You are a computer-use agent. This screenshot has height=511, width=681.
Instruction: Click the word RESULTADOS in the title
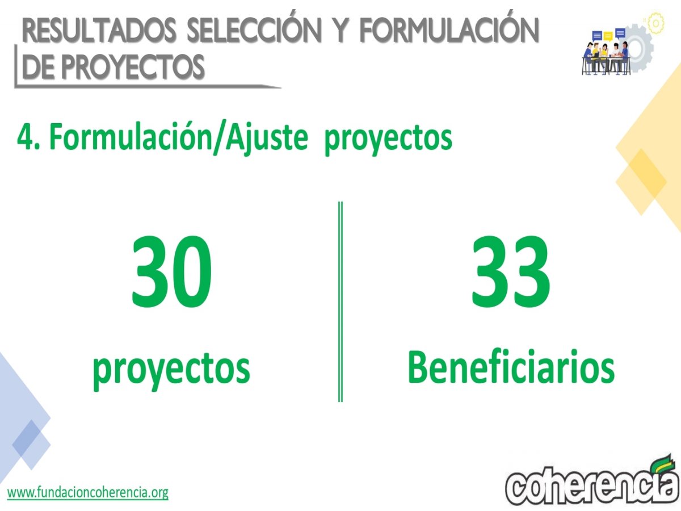(x=99, y=31)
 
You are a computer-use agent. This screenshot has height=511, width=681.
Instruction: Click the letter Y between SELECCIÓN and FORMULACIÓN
(x=341, y=31)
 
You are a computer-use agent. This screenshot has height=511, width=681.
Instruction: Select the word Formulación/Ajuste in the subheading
(x=179, y=137)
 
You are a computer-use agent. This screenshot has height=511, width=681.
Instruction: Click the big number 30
(x=171, y=271)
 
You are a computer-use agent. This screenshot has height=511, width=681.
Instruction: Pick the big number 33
(x=511, y=271)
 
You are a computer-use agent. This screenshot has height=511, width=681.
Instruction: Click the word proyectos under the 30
(x=171, y=371)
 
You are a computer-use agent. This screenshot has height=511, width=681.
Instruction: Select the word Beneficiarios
(x=511, y=366)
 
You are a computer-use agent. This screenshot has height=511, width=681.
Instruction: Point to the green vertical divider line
(x=340, y=301)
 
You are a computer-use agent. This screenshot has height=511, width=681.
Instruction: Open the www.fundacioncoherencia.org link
(x=88, y=492)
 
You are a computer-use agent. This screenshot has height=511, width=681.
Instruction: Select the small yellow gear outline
(x=655, y=23)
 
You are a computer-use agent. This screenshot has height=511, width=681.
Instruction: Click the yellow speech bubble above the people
(x=608, y=36)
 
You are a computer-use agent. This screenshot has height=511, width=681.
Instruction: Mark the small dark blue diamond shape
(x=31, y=445)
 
